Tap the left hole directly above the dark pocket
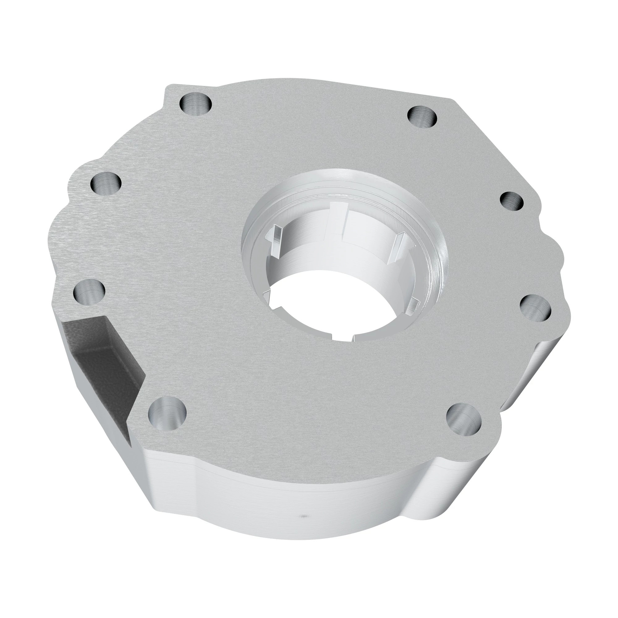coord(89,293)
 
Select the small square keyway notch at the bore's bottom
coord(342,337)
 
